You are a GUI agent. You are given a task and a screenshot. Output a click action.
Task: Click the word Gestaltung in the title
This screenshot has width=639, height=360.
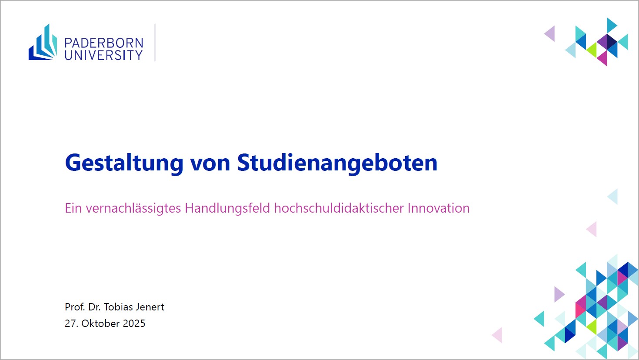click(x=124, y=163)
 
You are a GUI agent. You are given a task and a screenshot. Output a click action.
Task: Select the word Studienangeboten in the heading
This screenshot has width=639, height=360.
click(x=337, y=163)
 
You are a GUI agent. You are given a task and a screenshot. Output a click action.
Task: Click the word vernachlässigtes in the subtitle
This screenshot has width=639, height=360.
click(x=133, y=208)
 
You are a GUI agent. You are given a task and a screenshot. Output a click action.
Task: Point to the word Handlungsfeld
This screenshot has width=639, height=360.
click(x=227, y=208)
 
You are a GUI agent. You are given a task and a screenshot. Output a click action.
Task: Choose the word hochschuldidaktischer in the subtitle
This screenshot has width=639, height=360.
click(x=339, y=208)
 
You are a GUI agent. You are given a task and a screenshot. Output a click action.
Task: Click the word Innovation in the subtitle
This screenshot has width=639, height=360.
click(x=439, y=208)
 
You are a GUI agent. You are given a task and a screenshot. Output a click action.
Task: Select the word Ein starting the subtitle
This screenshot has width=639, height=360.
click(x=73, y=208)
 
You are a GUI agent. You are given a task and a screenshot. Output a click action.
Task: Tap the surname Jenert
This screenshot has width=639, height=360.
click(x=150, y=307)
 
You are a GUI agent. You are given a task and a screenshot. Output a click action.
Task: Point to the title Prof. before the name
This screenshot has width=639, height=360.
click(x=75, y=307)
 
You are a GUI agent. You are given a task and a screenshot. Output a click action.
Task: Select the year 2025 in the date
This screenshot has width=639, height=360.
click(x=134, y=323)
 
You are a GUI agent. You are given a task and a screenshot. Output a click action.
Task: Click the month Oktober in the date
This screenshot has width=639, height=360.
click(x=100, y=323)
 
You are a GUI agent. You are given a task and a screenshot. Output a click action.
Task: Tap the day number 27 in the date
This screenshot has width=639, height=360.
click(x=71, y=323)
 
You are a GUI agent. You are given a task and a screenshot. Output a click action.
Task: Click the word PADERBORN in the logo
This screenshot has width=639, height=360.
click(x=104, y=43)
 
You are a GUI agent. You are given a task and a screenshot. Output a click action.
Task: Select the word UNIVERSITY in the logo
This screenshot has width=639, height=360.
click(x=103, y=55)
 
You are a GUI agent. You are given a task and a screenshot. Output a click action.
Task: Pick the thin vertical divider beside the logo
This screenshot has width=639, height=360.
click(x=155, y=43)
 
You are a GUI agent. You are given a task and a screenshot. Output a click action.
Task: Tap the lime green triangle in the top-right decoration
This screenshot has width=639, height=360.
click(x=592, y=50)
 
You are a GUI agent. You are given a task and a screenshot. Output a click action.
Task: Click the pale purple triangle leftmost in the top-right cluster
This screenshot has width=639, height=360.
click(x=550, y=33)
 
